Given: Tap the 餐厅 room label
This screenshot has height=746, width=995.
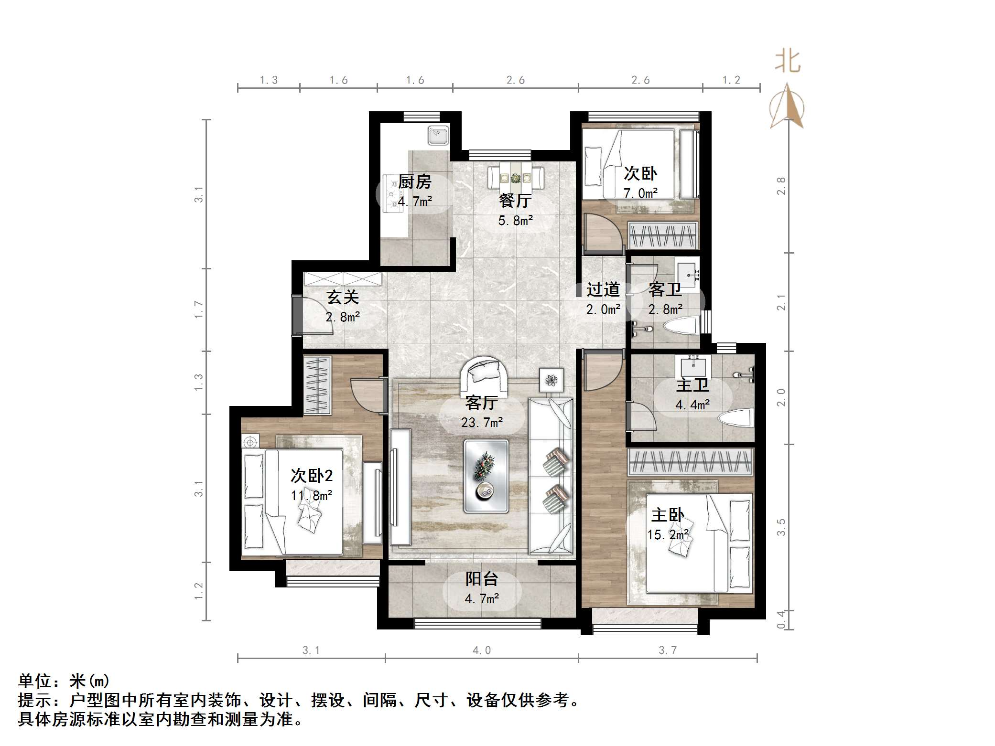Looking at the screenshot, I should click(515, 201).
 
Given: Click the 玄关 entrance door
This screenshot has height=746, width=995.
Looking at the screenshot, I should click(297, 316).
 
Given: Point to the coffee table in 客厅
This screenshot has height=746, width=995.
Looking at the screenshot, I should click(486, 476).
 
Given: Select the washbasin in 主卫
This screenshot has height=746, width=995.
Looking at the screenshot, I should click(692, 367).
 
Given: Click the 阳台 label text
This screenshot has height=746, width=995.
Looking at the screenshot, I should click(482, 579).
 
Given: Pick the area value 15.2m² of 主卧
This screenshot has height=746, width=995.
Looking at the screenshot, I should click(668, 535).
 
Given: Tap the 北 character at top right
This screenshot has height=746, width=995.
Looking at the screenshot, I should click(787, 62).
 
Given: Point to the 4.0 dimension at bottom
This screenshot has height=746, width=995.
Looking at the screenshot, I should click(481, 650).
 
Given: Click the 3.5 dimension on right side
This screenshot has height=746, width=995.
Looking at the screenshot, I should click(781, 527).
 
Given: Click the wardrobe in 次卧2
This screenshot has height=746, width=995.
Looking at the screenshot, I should click(317, 385).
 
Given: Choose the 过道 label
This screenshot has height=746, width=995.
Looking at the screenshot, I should click(603, 289).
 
